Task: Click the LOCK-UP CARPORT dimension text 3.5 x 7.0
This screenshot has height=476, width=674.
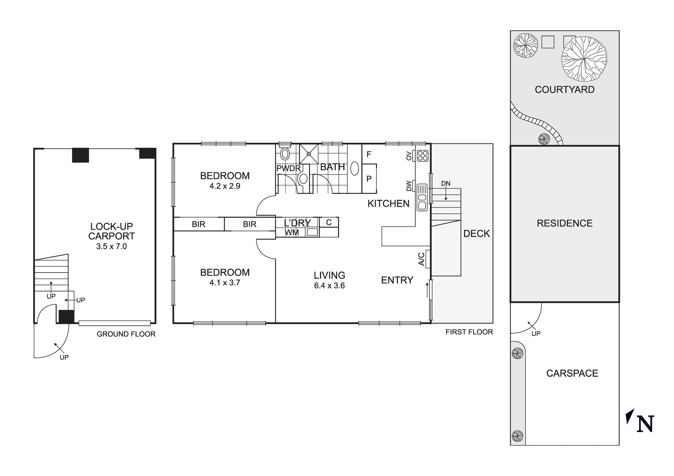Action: [111, 246]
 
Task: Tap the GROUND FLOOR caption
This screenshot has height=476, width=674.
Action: [126, 334]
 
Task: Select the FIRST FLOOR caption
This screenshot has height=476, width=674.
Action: [469, 332]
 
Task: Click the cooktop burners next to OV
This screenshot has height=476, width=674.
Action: [423, 156]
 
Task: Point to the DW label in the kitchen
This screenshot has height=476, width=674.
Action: [409, 186]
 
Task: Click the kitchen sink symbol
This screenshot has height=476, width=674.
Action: [422, 197]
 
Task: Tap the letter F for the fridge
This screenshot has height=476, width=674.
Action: [369, 154]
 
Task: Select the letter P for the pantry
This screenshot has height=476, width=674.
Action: [369, 179]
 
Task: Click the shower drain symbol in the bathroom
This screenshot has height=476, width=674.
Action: [309, 154]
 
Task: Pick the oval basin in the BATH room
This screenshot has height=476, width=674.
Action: [355, 168]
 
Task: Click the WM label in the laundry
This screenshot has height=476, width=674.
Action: [292, 232]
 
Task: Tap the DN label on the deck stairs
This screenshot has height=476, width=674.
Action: [446, 184]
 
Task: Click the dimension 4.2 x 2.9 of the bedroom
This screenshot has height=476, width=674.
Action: [225, 186]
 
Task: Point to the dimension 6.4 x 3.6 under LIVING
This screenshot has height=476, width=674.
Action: [329, 286]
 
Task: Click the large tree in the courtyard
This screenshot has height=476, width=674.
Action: [584, 59]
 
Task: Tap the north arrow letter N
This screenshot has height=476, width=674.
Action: [645, 424]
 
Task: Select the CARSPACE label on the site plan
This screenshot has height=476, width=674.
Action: [572, 373]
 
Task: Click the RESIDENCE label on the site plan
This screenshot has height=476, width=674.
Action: [564, 223]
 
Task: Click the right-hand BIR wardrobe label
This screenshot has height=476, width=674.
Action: [249, 224]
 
